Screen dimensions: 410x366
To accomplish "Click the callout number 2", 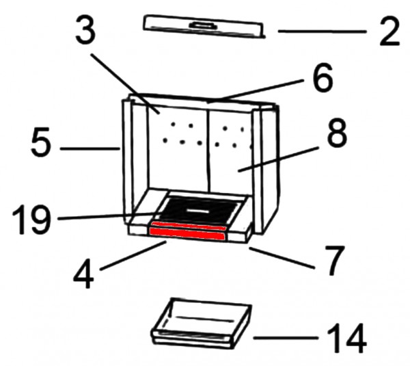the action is click(x=389, y=31).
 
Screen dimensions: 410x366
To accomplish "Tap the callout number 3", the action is click(x=85, y=29).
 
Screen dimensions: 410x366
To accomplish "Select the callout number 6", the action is click(x=323, y=77).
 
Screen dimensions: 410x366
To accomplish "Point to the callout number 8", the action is click(x=336, y=133).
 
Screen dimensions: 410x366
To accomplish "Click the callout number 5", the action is click(x=40, y=142).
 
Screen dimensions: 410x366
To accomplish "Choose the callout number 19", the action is click(x=31, y=220).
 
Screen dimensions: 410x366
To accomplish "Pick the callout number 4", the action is click(x=83, y=274).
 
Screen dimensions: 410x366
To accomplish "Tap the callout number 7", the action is click(x=333, y=261).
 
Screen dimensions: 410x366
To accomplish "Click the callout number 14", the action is click(x=347, y=338).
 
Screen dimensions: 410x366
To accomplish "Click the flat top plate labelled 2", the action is click(x=203, y=27).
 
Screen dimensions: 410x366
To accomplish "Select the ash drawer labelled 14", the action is click(x=202, y=324).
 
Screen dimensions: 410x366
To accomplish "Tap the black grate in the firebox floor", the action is click(x=200, y=210).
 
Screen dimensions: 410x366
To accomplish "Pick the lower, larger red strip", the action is click(x=187, y=234).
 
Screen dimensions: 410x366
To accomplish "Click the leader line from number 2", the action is click(x=322, y=31).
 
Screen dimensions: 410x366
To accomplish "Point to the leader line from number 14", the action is click(x=285, y=338).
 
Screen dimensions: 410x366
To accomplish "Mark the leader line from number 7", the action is click(x=282, y=258).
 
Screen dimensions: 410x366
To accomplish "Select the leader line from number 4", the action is click(x=133, y=256).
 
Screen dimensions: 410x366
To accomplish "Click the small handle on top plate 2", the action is click(x=203, y=25).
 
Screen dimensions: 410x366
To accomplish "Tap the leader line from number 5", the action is click(x=90, y=148).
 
